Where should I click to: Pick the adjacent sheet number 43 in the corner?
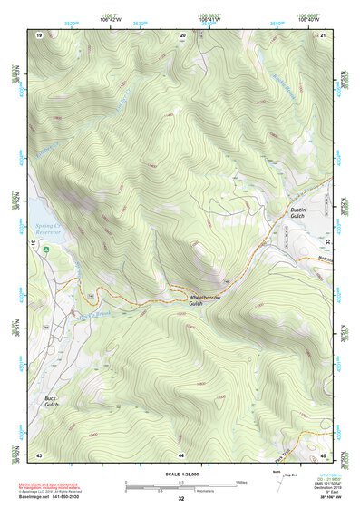click(x=39, y=454)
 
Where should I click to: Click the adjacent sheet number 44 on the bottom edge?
click(x=181, y=454)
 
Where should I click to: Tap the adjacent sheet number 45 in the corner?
click(x=323, y=454)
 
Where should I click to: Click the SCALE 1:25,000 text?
click(x=180, y=475)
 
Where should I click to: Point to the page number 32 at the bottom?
click(x=181, y=499)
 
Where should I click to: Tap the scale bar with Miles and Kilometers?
click(x=181, y=486)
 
